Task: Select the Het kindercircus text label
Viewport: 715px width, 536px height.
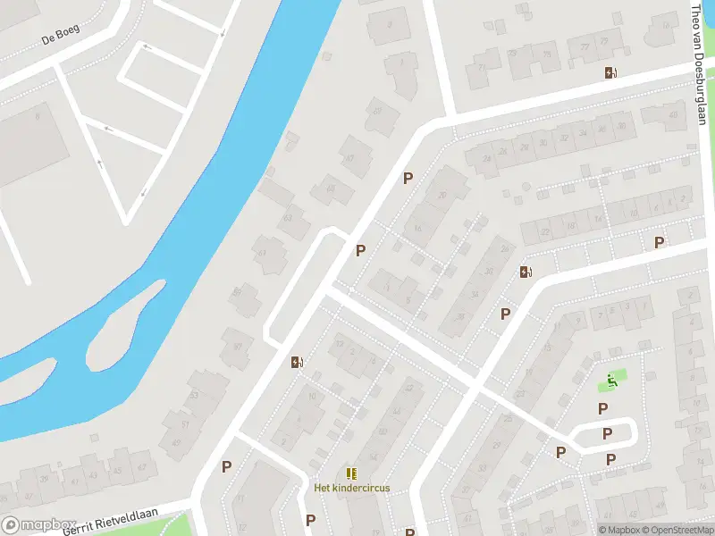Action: click(x=351, y=488)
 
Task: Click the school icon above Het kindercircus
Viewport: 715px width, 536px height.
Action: click(x=351, y=473)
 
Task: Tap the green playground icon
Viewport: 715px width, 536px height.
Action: click(x=612, y=381)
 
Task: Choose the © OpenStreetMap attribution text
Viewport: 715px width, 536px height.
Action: click(x=677, y=530)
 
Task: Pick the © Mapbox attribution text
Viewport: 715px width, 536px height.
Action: click(x=618, y=530)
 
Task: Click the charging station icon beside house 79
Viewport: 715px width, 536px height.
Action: click(x=610, y=73)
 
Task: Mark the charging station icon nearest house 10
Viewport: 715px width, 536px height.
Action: click(x=297, y=362)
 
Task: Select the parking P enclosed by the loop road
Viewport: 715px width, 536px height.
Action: click(x=607, y=434)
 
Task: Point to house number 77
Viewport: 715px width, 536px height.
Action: click(x=585, y=46)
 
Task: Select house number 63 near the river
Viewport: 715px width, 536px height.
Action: click(x=288, y=218)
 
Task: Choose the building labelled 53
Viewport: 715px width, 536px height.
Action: click(x=194, y=394)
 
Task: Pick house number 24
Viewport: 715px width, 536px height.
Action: click(x=487, y=160)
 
